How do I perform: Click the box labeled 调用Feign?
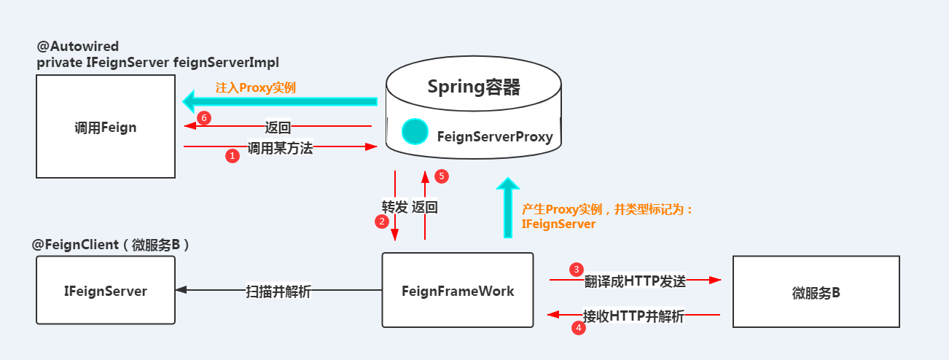tap(106, 127)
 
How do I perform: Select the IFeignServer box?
tap(106, 291)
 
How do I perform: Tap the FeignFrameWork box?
tap(458, 291)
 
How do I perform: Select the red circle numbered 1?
tap(233, 155)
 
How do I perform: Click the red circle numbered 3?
tap(577, 270)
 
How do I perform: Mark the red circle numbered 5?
tap(440, 176)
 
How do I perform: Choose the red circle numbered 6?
tap(205, 117)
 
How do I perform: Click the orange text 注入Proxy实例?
tap(255, 87)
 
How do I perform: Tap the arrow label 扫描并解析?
tap(278, 291)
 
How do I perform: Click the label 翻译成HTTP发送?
tap(635, 282)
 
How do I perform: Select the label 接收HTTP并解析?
tap(633, 316)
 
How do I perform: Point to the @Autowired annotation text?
tap(78, 46)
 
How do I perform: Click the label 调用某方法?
tap(280, 148)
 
